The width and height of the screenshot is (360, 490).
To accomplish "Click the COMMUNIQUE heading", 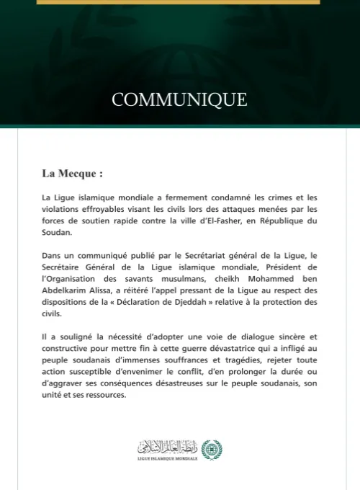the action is [179, 99].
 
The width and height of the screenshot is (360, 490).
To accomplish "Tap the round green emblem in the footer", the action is [211, 447].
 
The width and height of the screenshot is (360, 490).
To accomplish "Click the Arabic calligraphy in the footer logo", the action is [168, 445].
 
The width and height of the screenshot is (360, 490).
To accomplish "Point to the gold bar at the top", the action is [179, 2].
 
